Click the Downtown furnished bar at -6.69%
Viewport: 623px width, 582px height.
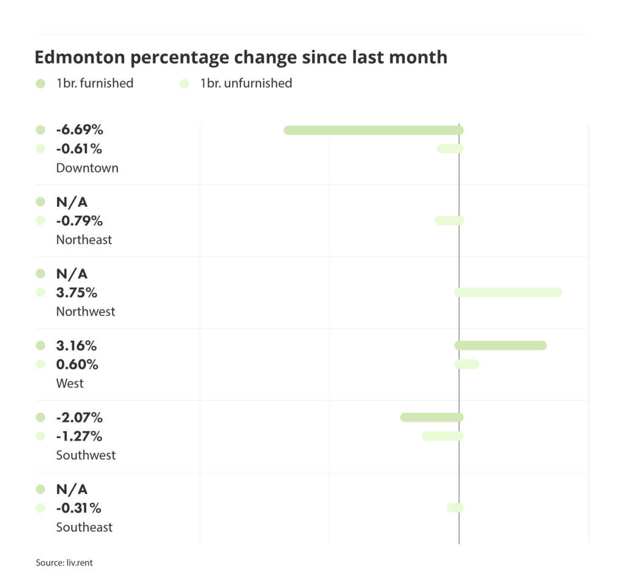[374, 130]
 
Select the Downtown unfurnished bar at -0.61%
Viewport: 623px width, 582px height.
[450, 149]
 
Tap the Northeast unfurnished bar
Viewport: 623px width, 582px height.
[449, 220]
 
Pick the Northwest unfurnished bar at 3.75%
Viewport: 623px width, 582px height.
[508, 292]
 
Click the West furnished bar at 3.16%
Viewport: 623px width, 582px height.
[500, 346]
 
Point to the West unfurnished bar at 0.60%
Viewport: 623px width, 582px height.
[467, 364]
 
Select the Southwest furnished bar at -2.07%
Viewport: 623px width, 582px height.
[432, 418]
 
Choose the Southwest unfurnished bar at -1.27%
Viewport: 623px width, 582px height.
[443, 436]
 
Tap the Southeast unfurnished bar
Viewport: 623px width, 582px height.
[455, 508]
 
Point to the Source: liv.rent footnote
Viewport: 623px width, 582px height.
[64, 563]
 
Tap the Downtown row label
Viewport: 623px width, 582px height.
[87, 168]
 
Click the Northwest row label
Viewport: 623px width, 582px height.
[85, 312]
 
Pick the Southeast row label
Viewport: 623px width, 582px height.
[84, 527]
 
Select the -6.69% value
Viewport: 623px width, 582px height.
[80, 130]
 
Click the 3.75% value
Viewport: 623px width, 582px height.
[77, 293]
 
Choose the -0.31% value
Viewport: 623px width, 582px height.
[79, 508]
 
